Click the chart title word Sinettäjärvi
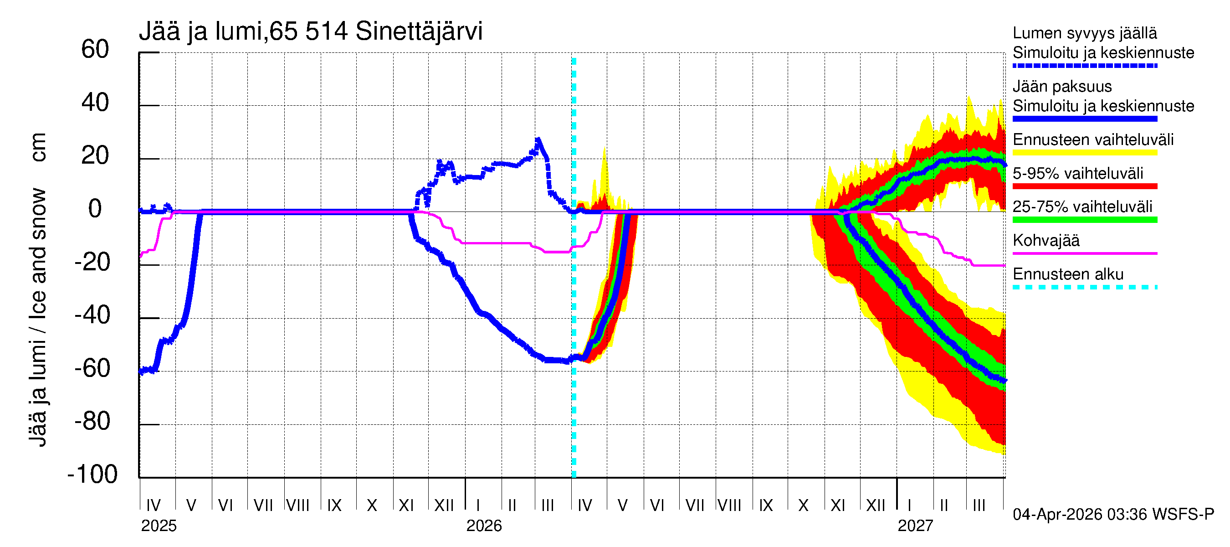coord(419,31)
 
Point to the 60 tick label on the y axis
coord(95,50)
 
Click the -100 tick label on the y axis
coord(92,475)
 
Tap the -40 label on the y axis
coord(92,316)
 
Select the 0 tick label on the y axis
coord(95,209)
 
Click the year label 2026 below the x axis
coord(484,526)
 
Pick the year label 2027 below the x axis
coord(915,526)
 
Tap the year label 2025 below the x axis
coord(159,526)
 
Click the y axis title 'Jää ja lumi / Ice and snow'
coord(38,317)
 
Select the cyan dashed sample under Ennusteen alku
coord(1084,288)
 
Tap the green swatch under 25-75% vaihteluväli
coord(1084,220)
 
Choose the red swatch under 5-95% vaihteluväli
coord(1084,186)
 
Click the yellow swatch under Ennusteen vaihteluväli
coord(1084,153)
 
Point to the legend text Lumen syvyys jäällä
coord(1084,33)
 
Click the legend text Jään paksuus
coord(1062,87)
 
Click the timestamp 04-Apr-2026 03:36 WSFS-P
coord(1113,515)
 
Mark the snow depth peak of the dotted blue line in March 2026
coord(538,140)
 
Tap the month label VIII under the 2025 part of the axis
coord(297,506)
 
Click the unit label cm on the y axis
coord(38,147)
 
